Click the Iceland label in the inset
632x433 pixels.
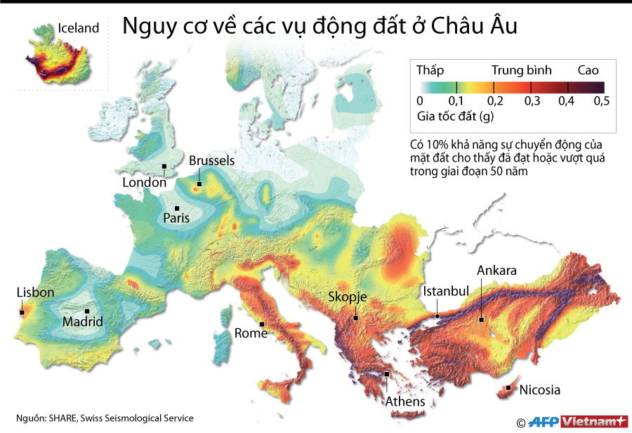tap(78, 29)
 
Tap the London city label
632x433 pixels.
tap(144, 183)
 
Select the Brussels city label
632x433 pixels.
tap(211, 161)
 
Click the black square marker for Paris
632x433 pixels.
tap(178, 208)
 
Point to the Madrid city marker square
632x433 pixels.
tap(87, 311)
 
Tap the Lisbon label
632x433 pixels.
tap(35, 292)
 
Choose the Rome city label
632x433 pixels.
tap(251, 333)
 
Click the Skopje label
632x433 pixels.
tap(348, 297)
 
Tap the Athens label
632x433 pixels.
tap(405, 401)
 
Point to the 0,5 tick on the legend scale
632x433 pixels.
tap(601, 101)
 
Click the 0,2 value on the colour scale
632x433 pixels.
tap(494, 101)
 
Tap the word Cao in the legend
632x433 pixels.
tap(588, 70)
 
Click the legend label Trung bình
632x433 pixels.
tap(521, 70)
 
